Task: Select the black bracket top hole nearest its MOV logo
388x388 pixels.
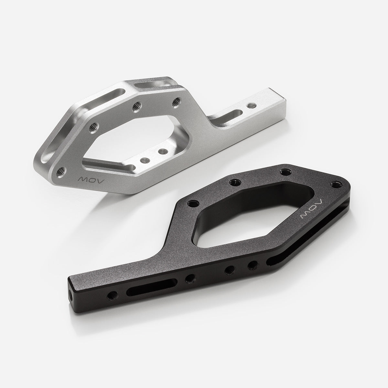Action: click(x=334, y=185)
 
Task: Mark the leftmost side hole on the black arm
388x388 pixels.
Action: click(x=113, y=294)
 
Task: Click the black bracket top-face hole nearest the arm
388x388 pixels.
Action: click(x=194, y=203)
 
